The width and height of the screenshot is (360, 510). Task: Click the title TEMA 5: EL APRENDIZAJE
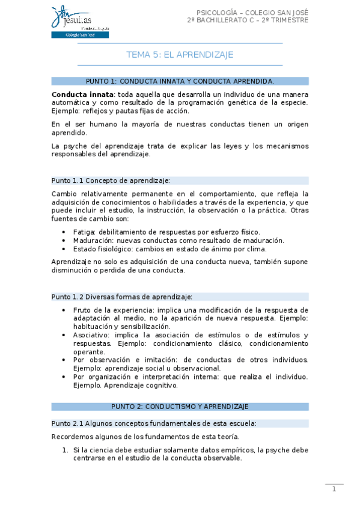[x=180, y=55]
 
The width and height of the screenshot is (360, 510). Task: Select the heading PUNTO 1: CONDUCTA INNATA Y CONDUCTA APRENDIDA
[x=180, y=81]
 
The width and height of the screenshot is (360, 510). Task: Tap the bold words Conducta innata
[x=82, y=94]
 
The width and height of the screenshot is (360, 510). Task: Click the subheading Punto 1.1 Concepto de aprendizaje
[x=111, y=180]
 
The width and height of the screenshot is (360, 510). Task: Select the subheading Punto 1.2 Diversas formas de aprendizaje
[x=122, y=296]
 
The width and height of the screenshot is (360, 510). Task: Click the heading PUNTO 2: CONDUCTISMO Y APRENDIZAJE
[x=180, y=407]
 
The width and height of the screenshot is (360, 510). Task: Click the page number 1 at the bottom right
[x=334, y=490]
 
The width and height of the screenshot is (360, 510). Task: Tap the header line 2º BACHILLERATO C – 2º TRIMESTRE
[x=248, y=20]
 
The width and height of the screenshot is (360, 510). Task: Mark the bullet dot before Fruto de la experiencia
[x=65, y=310]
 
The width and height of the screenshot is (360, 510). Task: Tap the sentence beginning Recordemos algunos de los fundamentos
[x=145, y=437]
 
